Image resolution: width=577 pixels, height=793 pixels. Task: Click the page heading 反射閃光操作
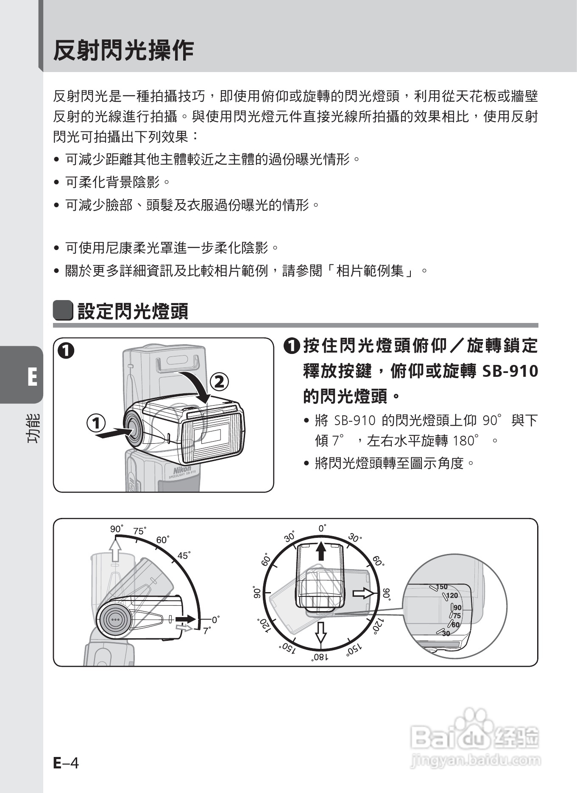pos(123,51)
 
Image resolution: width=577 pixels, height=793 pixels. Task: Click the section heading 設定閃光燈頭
pos(133,312)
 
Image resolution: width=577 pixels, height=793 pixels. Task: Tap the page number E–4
pos(66,763)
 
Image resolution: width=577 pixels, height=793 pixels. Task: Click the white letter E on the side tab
pos(32,377)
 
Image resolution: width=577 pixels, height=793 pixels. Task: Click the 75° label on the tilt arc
pos(139,531)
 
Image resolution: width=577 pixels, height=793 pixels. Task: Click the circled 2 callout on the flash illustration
pos(219,382)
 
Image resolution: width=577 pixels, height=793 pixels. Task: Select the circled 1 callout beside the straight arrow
pos(96,423)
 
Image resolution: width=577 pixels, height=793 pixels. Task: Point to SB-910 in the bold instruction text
pos(510,371)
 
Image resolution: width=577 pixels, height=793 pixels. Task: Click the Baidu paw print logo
pos(475,724)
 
